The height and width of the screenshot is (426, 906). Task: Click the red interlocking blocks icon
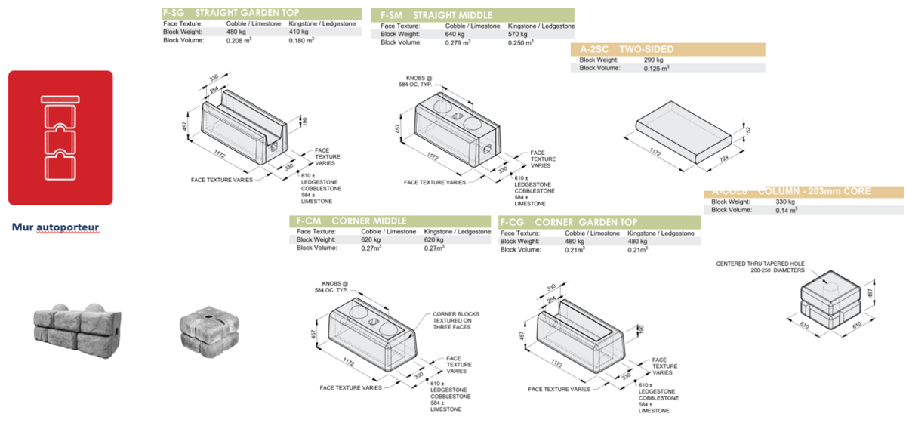[60, 137]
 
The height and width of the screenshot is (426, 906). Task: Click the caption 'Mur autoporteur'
[55, 227]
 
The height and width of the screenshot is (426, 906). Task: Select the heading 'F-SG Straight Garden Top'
[231, 14]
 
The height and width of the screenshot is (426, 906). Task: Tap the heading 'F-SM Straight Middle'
[436, 15]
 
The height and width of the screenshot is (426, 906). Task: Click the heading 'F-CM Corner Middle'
[352, 221]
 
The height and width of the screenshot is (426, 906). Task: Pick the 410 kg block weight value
[299, 32]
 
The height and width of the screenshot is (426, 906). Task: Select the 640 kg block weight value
[455, 34]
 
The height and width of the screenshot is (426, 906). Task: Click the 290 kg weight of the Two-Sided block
[653, 60]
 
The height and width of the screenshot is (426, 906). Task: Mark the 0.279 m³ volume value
[458, 42]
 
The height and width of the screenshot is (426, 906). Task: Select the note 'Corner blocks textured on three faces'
[455, 320]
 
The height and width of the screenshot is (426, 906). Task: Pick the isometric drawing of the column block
[830, 298]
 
